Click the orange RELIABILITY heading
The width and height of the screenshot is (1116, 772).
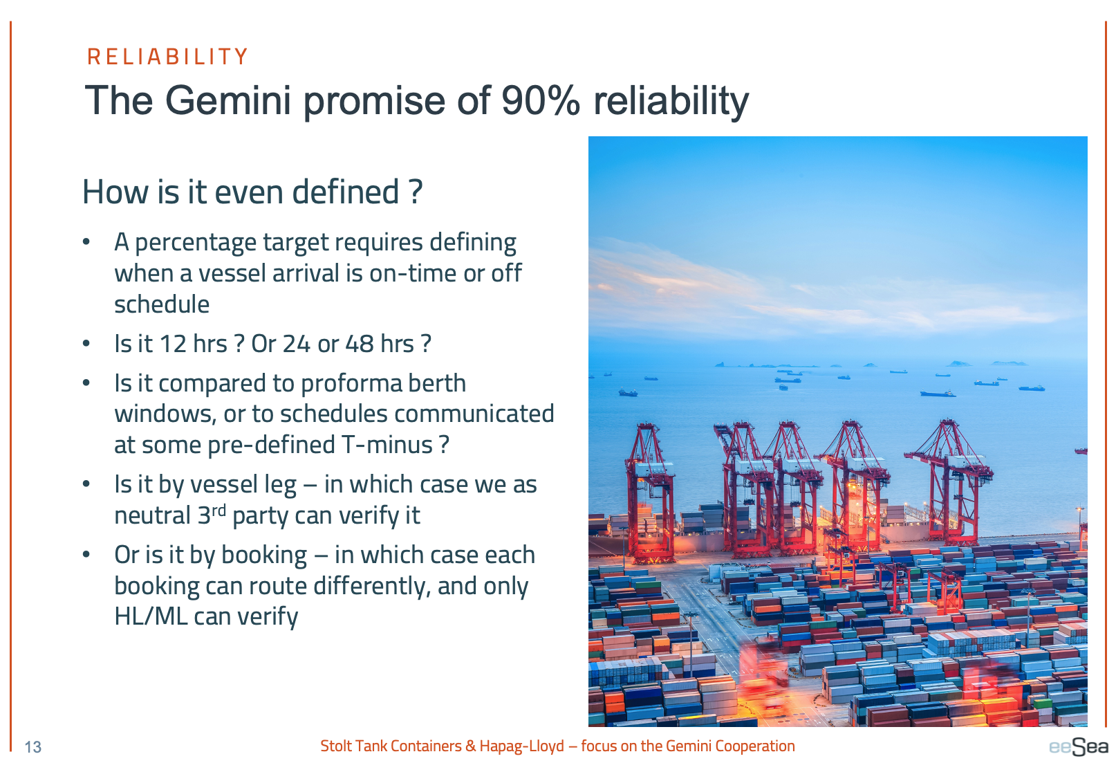pyautogui.click(x=167, y=57)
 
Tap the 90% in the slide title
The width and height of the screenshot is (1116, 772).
pyautogui.click(x=541, y=100)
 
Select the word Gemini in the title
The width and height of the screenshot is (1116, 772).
pyautogui.click(x=227, y=100)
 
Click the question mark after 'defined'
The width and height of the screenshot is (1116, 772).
pyautogui.click(x=416, y=192)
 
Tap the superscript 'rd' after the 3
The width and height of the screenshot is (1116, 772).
pyautogui.click(x=219, y=511)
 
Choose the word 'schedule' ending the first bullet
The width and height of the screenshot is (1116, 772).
pyautogui.click(x=162, y=304)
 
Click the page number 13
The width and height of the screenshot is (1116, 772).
pyautogui.click(x=33, y=747)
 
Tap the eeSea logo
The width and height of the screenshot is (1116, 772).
pyautogui.click(x=1079, y=746)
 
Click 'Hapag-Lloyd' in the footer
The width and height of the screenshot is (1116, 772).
pyautogui.click(x=521, y=746)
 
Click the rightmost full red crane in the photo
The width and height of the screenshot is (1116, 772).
pyautogui.click(x=949, y=481)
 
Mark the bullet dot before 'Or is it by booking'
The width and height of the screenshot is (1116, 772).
pyautogui.click(x=86, y=554)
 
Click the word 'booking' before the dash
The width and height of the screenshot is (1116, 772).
pyautogui.click(x=263, y=555)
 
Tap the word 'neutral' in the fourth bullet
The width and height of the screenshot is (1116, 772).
pyautogui.click(x=152, y=515)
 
